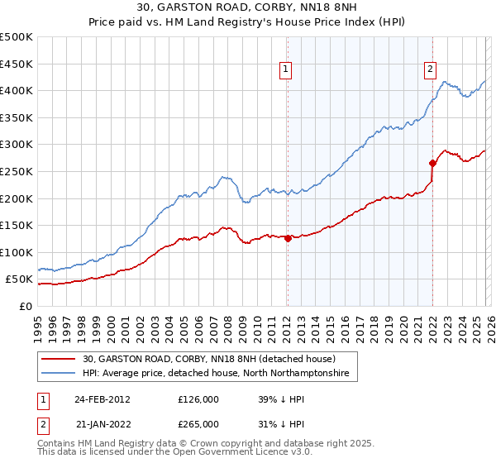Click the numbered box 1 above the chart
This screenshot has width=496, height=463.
285,70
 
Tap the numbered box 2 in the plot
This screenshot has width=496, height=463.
431,70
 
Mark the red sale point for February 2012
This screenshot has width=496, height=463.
288,238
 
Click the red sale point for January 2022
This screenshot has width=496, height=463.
432,163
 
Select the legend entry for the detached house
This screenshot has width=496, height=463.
208,359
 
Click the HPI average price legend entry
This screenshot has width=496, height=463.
216,374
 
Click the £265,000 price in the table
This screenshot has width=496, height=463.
198,423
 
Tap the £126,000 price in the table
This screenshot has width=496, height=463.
198,399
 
